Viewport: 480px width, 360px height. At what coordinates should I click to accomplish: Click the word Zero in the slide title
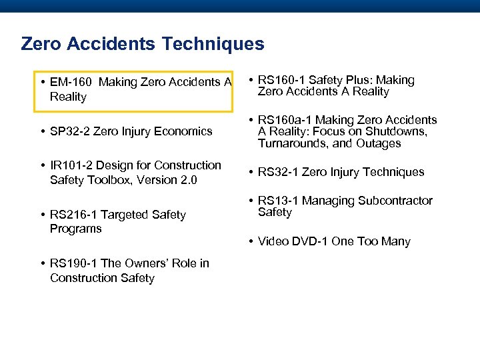[x=41, y=44]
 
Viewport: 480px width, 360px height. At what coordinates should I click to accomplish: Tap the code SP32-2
[x=70, y=131]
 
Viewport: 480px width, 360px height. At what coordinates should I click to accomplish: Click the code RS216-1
[x=73, y=215]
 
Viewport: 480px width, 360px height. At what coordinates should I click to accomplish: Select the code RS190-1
[x=73, y=263]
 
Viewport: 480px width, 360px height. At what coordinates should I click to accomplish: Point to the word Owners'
[x=146, y=263]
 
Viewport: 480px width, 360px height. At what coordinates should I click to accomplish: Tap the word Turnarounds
[x=292, y=143]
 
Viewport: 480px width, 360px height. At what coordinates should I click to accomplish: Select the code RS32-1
[x=278, y=172]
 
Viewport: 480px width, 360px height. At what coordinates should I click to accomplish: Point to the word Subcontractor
[x=394, y=201]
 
